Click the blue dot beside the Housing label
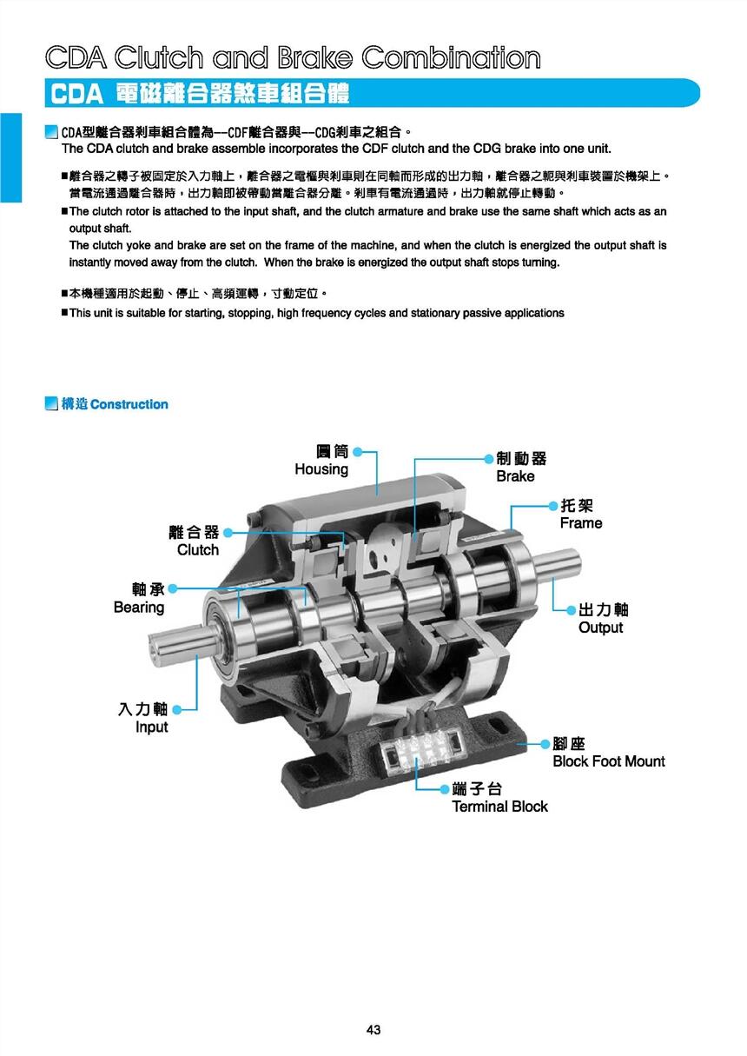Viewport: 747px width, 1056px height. pos(358,452)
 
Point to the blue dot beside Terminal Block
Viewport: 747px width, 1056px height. pos(444,788)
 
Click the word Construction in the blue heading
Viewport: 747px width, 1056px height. pos(129,404)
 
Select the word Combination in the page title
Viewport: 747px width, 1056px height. pos(451,57)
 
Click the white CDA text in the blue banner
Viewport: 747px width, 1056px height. pos(76,93)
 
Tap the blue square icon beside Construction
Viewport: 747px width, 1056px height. pos(51,403)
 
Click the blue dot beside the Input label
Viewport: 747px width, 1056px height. pos(177,709)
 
